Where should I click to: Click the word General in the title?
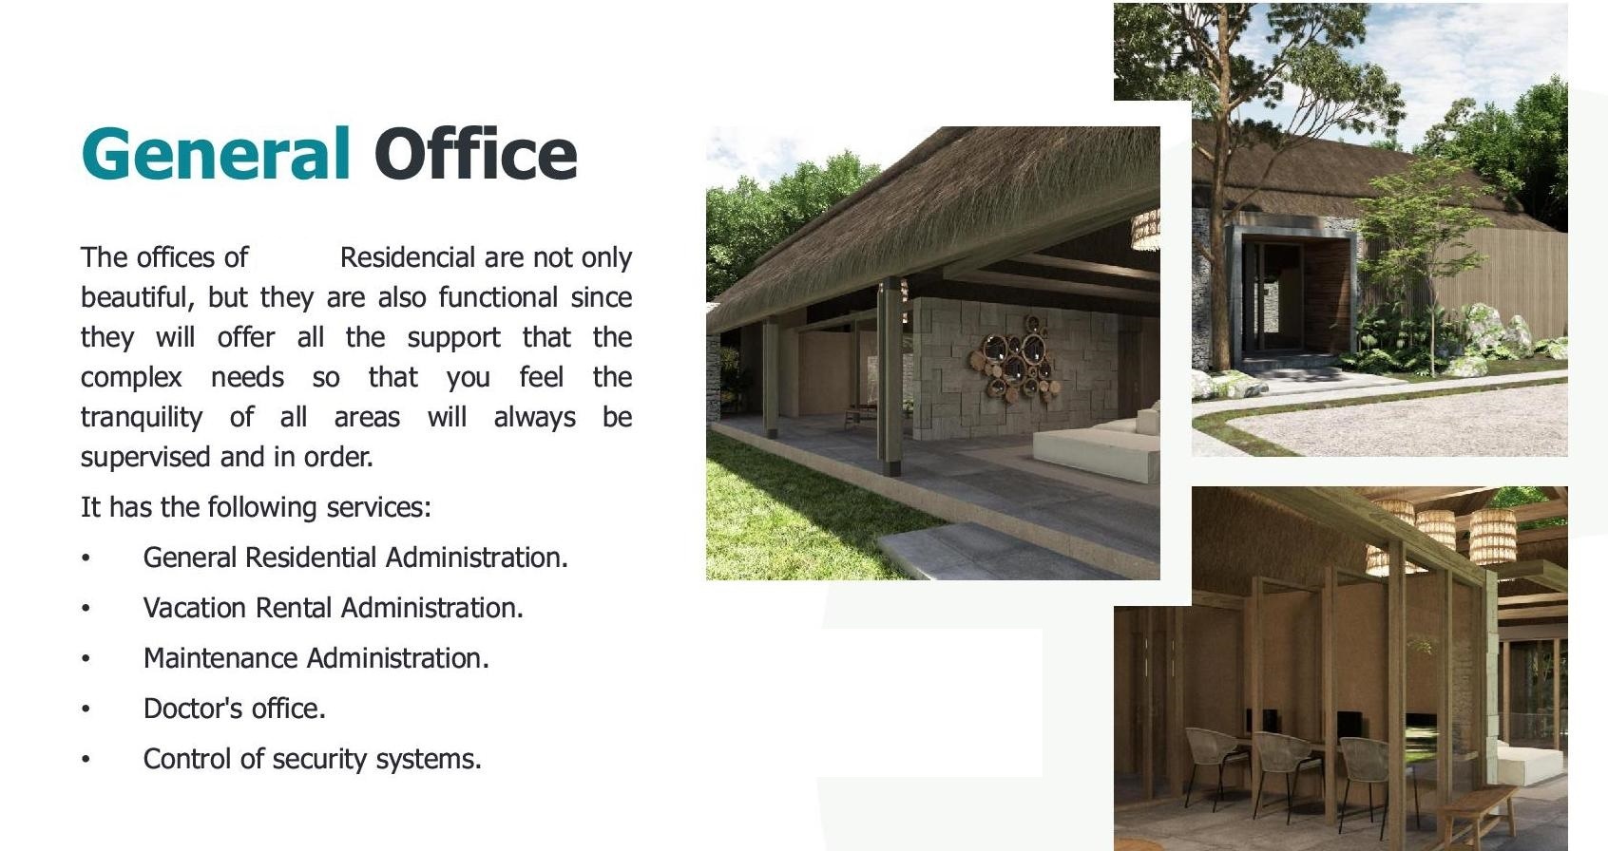[216, 153]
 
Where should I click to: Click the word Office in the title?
[475, 153]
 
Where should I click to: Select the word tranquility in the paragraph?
[142, 418]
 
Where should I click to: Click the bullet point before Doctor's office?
[86, 709]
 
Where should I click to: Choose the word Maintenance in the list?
[220, 658]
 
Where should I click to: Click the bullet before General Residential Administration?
[86, 558]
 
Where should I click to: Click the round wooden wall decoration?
[1014, 359]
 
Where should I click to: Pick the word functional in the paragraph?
[498, 298]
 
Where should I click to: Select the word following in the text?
[262, 507]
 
